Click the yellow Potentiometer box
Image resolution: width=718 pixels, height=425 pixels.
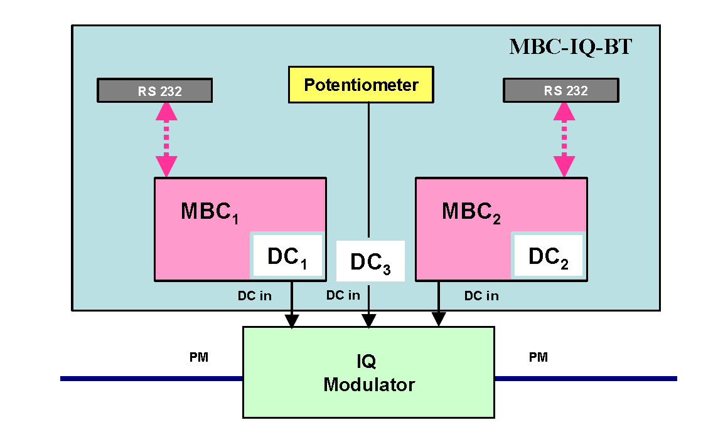pyautogui.click(x=361, y=85)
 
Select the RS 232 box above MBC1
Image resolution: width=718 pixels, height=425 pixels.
pyautogui.click(x=154, y=91)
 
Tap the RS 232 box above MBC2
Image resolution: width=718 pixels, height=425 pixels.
pyautogui.click(x=560, y=90)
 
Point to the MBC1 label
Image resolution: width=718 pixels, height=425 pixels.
pyautogui.click(x=210, y=212)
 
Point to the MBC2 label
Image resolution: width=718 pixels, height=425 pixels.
pyautogui.click(x=471, y=212)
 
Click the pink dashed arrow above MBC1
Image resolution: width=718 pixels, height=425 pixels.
pyautogui.click(x=166, y=139)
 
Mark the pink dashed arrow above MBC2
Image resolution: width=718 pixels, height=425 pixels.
pyautogui.click(x=564, y=139)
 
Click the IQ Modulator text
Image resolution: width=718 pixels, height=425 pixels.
pyautogui.click(x=368, y=373)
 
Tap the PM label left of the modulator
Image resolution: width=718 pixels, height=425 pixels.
pyautogui.click(x=199, y=358)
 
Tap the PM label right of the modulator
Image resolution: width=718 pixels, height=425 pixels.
pyautogui.click(x=538, y=357)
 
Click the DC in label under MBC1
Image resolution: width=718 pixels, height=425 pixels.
pyautogui.click(x=254, y=296)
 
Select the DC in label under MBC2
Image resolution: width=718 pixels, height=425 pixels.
pyautogui.click(x=481, y=296)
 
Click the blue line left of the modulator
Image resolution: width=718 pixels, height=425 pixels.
pyautogui.click(x=151, y=379)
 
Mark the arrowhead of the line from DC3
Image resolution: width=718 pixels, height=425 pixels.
pyautogui.click(x=368, y=321)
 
